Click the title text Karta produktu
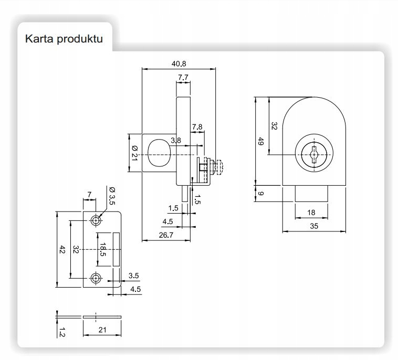[x=64, y=40]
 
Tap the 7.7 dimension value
[x=183, y=77]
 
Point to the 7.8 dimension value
[x=197, y=126]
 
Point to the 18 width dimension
[x=310, y=212]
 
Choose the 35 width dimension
[x=313, y=226]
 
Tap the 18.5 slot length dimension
[x=103, y=249]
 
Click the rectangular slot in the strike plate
[x=116, y=249]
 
